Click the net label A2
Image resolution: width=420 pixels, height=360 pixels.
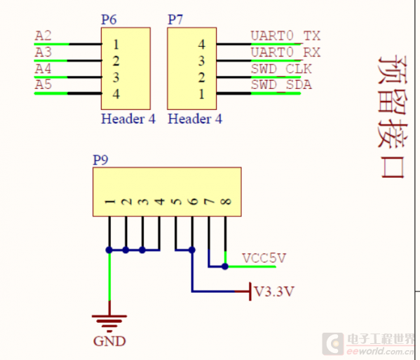point(43,36)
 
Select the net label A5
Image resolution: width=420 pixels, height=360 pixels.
point(43,85)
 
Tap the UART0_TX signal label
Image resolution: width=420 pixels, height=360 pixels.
point(285,36)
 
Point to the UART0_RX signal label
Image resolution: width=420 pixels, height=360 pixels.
point(285,52)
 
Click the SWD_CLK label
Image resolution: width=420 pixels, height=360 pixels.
point(281,69)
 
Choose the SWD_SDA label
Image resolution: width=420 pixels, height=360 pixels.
point(281,85)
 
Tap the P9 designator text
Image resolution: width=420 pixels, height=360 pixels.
point(100,160)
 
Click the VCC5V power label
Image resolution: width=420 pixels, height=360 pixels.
point(264,258)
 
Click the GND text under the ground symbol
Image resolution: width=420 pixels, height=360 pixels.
point(109,342)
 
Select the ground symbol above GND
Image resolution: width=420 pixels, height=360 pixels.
point(109,321)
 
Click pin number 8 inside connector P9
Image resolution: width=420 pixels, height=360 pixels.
point(225,202)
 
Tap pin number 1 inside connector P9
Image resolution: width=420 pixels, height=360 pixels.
point(109,202)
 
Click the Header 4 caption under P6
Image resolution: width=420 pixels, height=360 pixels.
point(128,119)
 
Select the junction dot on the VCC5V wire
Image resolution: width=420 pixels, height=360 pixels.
point(225,266)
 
